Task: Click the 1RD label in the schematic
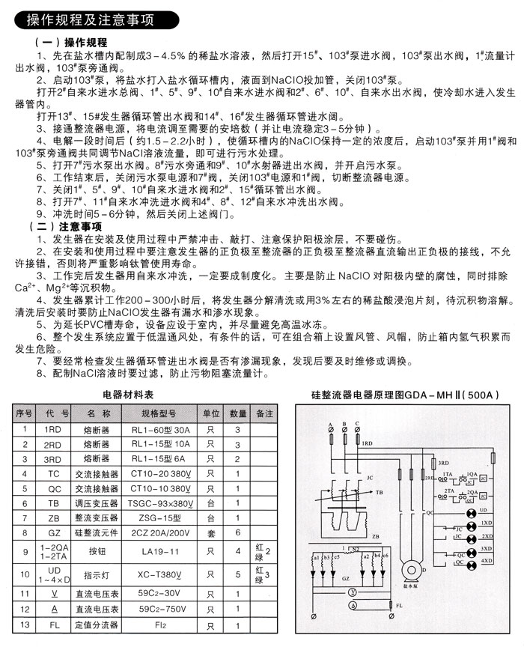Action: pos(368,443)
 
